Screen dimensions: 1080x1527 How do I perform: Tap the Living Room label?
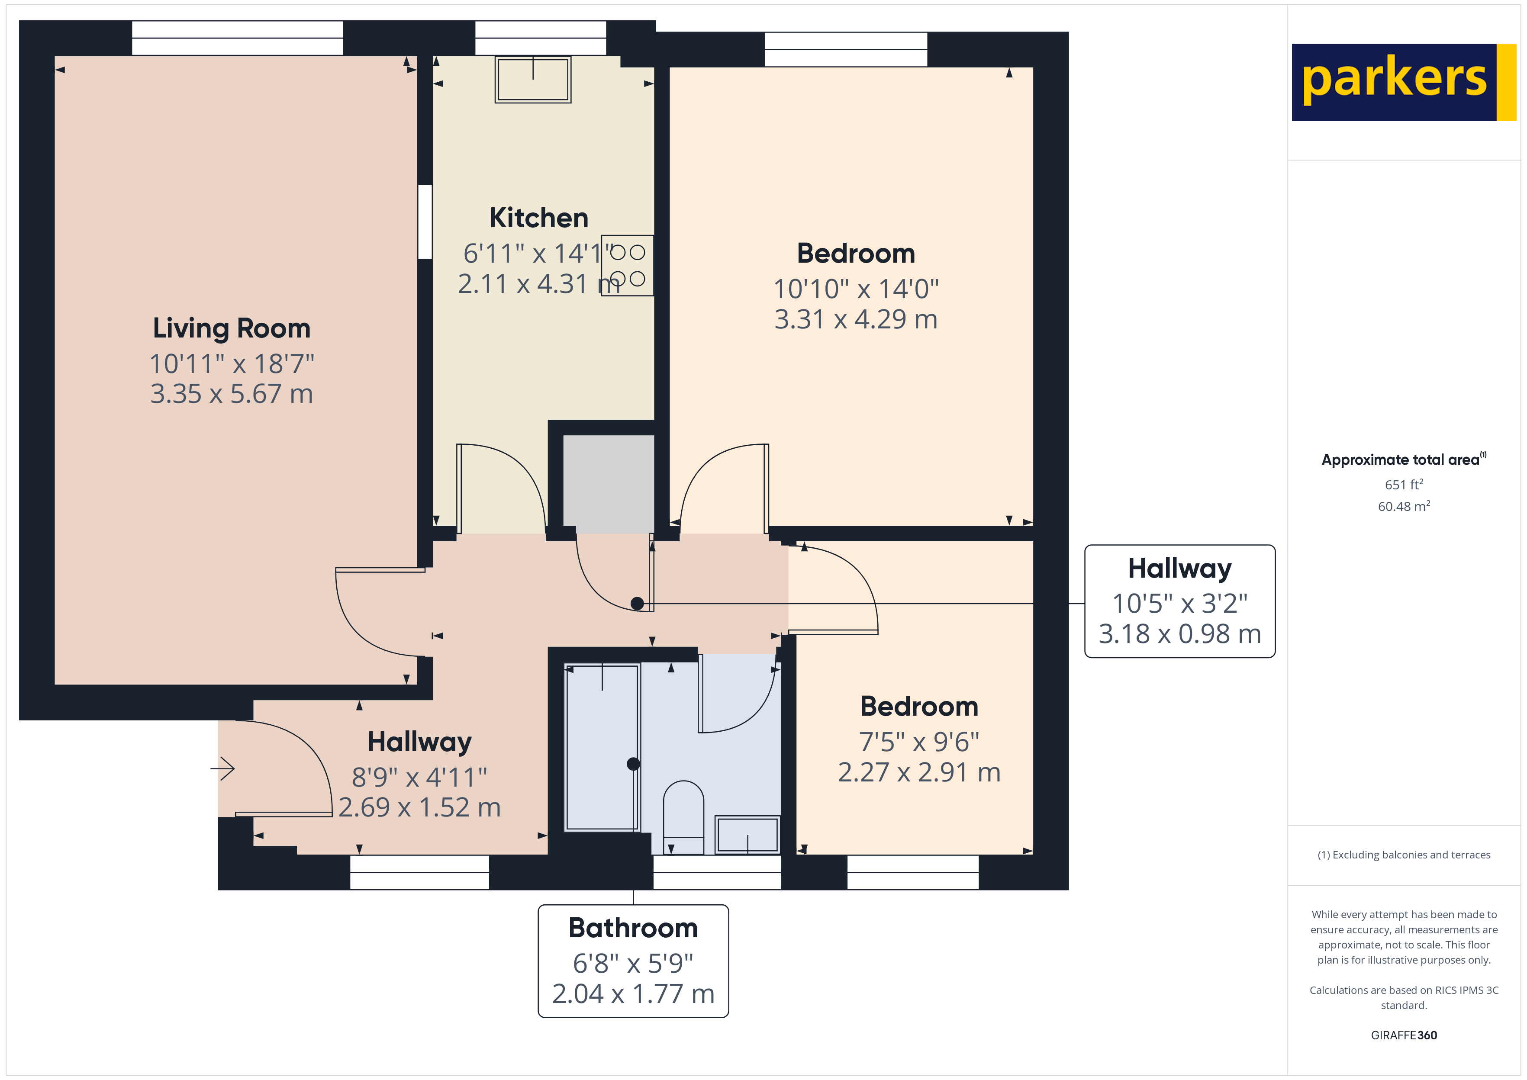click(x=232, y=328)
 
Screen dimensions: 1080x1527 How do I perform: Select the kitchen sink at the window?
click(x=533, y=79)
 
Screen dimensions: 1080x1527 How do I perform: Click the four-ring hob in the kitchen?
click(x=627, y=265)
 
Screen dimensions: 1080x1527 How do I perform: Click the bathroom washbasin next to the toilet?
click(x=747, y=834)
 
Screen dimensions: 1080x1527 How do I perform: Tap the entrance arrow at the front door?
click(x=223, y=769)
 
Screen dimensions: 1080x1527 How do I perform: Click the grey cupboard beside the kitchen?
click(x=609, y=483)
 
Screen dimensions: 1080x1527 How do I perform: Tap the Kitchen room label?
click(x=539, y=218)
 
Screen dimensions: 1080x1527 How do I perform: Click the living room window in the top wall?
click(x=238, y=38)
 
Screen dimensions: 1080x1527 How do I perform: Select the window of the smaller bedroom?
click(x=912, y=872)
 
